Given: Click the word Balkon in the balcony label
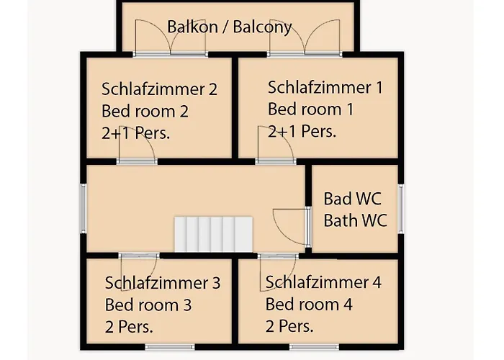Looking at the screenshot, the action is [192, 27].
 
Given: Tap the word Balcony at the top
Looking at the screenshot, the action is [262, 27].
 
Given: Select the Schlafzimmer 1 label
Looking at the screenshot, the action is [325, 87].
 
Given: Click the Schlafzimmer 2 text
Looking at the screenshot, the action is [159, 89].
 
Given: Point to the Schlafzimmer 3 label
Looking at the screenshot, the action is [163, 283].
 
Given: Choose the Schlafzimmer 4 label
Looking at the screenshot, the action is [323, 282].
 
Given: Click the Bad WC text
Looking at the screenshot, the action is [352, 199].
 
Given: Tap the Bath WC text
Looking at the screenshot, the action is [355, 220].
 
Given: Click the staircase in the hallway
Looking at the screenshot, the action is [214, 234].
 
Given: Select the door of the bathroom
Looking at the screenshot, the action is [292, 227].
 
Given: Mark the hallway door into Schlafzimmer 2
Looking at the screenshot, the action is [137, 145].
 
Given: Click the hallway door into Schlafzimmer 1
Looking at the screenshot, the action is [276, 145].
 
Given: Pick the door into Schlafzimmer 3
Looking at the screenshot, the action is [139, 272].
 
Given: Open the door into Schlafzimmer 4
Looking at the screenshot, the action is [278, 272].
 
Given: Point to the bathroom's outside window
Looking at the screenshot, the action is [401, 209].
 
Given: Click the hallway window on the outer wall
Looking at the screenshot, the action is [84, 209].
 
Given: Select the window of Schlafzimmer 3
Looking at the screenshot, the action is [170, 347].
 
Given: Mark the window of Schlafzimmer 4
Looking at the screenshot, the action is [315, 347].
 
